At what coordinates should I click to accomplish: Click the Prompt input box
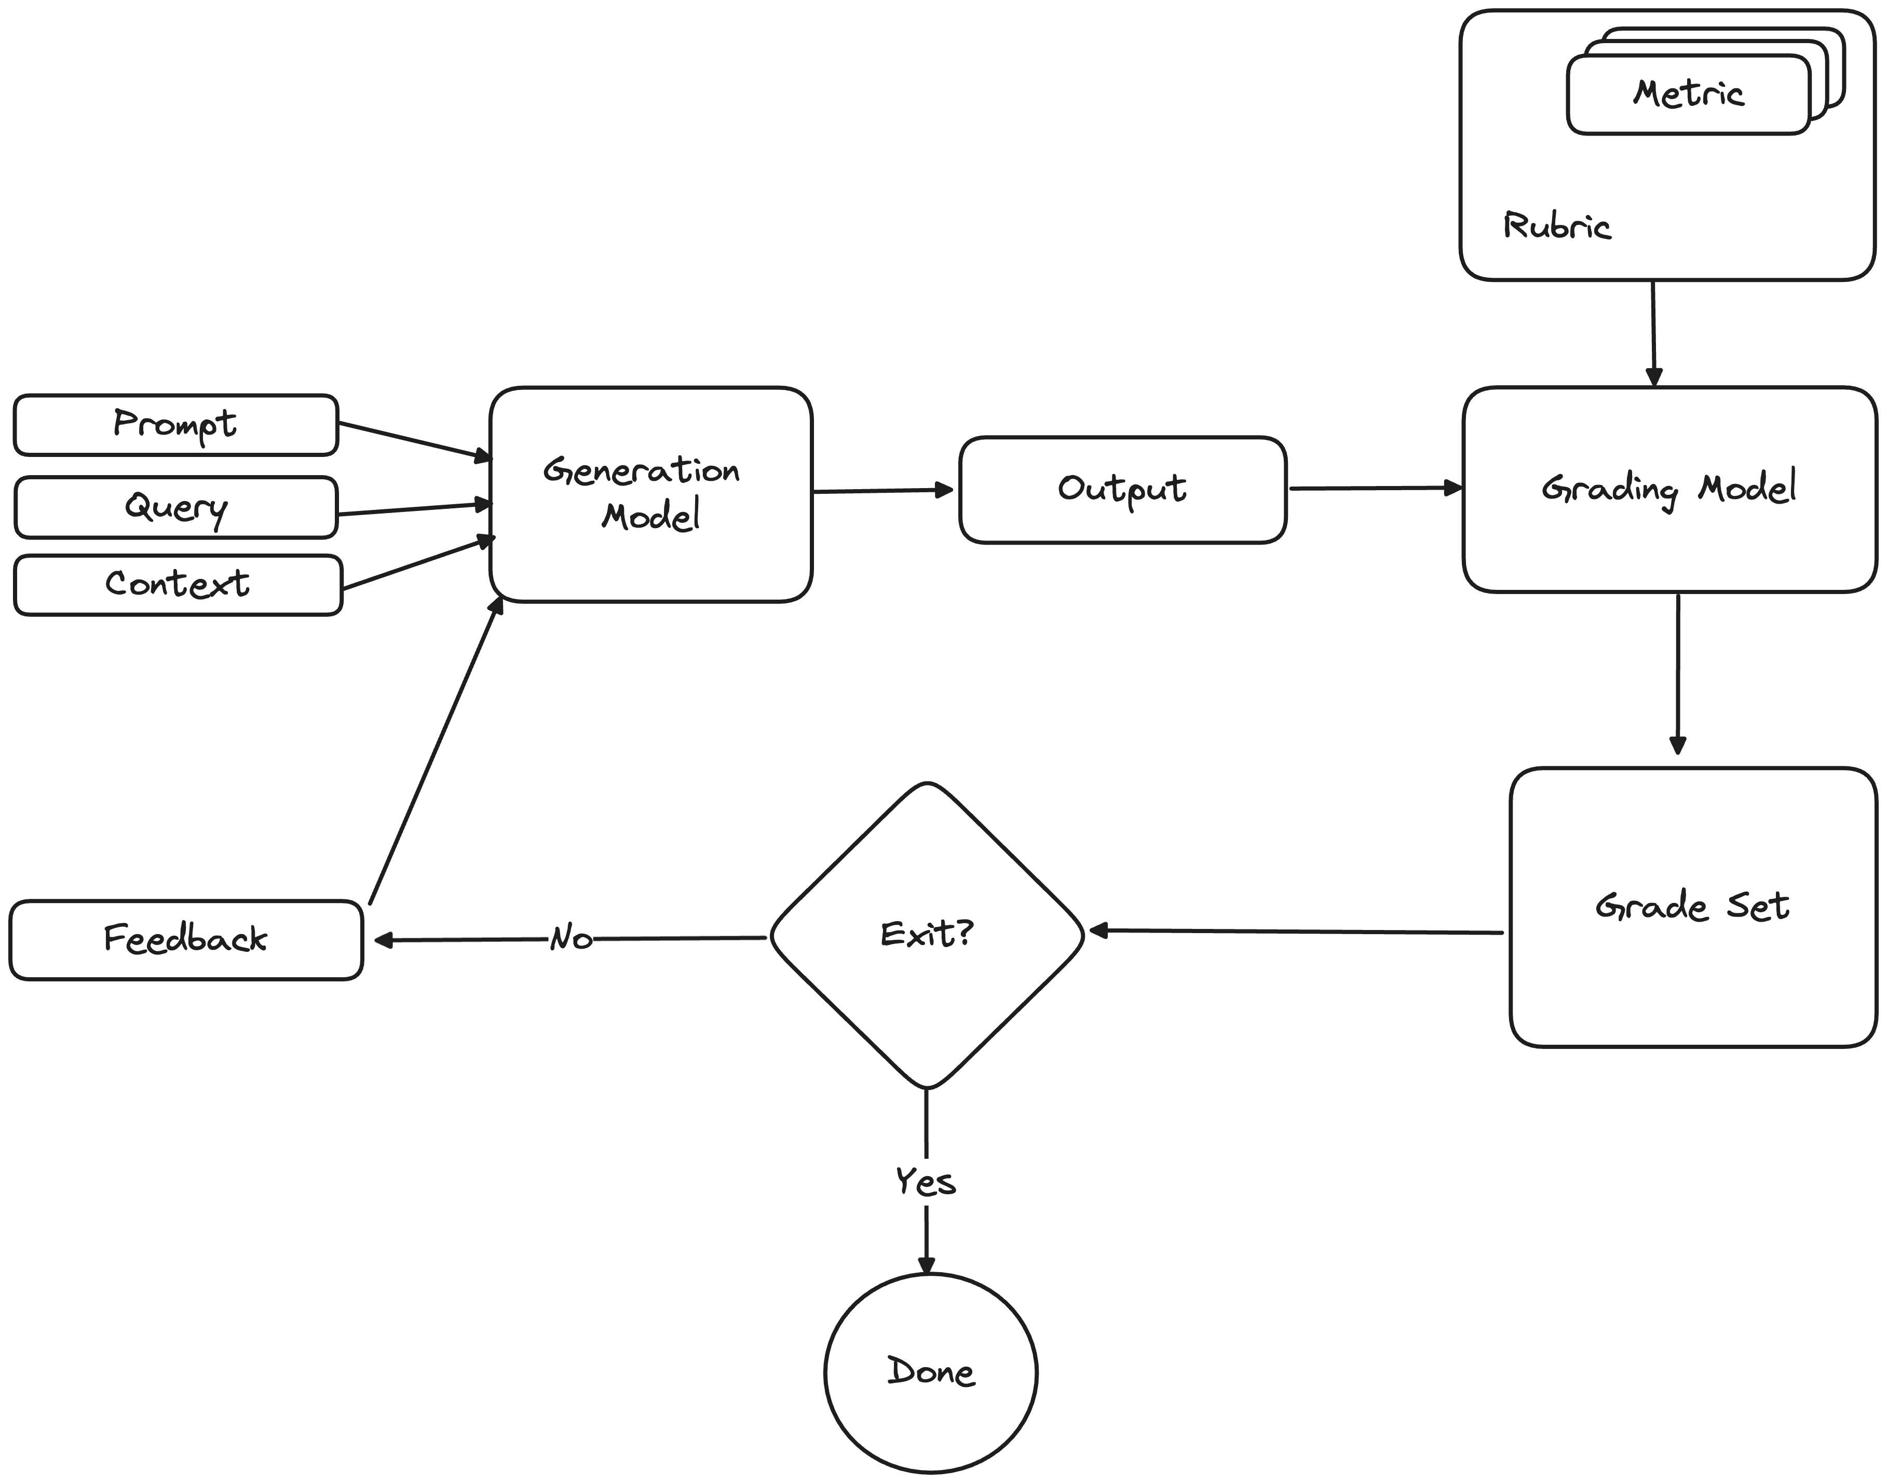tap(175, 425)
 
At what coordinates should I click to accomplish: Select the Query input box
tap(175, 507)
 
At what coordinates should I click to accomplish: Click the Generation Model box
tap(650, 493)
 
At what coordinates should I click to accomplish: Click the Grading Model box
tap(1668, 489)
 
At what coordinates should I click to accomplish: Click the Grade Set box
tap(1692, 907)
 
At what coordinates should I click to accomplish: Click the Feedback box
tap(186, 939)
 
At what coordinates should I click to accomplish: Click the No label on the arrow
tap(571, 939)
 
